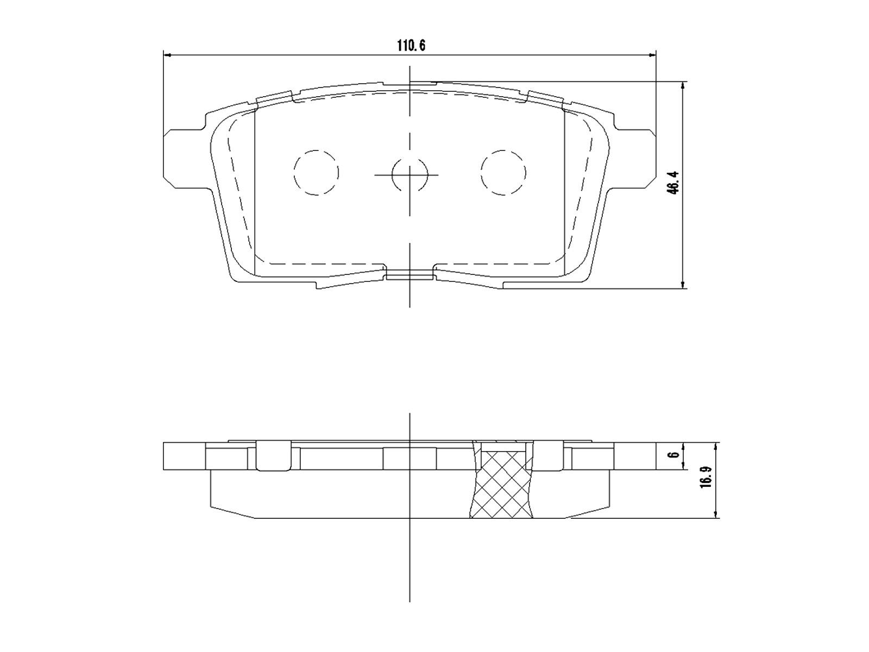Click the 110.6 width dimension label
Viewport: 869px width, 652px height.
click(x=411, y=46)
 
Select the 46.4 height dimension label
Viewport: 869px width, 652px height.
click(x=673, y=183)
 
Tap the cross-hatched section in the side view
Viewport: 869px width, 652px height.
click(x=501, y=485)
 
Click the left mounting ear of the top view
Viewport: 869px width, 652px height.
click(x=185, y=158)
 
